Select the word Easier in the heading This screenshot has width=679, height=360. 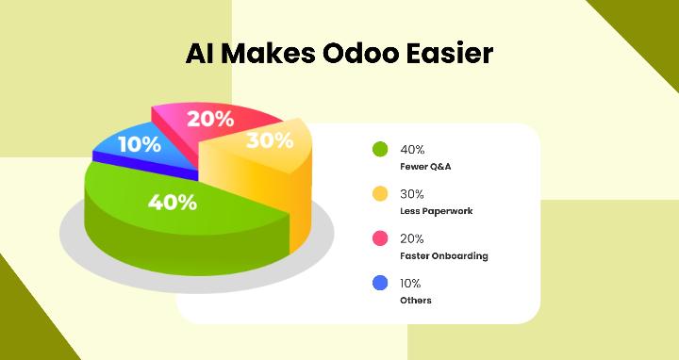(x=447, y=54)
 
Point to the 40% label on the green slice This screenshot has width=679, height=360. (x=173, y=202)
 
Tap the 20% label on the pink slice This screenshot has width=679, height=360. (x=209, y=120)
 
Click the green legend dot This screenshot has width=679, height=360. (x=380, y=149)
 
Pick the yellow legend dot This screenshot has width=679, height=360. (x=380, y=194)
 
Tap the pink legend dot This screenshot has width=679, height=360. (x=380, y=238)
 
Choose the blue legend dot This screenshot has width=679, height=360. (x=380, y=283)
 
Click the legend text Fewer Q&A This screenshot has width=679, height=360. (x=426, y=166)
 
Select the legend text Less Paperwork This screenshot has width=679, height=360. (x=436, y=211)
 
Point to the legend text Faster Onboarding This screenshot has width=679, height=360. (x=443, y=255)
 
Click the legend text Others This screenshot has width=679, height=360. (x=415, y=301)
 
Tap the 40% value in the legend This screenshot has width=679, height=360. (x=412, y=149)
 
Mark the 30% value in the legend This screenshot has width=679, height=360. (x=412, y=194)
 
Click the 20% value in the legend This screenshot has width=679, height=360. (x=412, y=238)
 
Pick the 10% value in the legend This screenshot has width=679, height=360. (x=411, y=283)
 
